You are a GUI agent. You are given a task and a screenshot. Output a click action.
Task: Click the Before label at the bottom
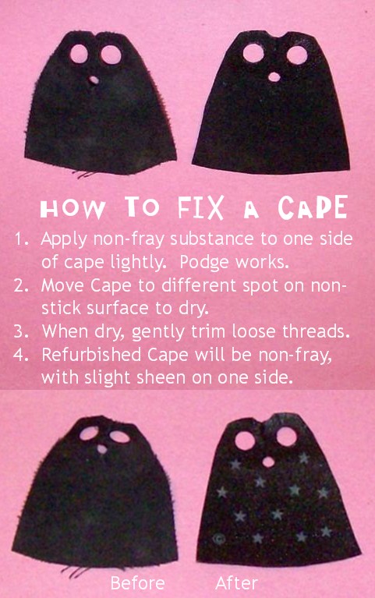pyautogui.click(x=137, y=583)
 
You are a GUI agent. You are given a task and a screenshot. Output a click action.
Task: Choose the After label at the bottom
pyautogui.click(x=236, y=583)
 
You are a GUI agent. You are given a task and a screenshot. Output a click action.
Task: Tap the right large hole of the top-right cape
pyautogui.click(x=296, y=55)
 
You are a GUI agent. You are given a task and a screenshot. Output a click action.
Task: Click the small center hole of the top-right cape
pyautogui.click(x=274, y=76)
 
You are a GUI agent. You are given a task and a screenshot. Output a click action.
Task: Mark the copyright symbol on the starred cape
pyautogui.click(x=220, y=537)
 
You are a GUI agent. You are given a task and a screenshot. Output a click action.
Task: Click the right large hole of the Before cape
pyautogui.click(x=119, y=437)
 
